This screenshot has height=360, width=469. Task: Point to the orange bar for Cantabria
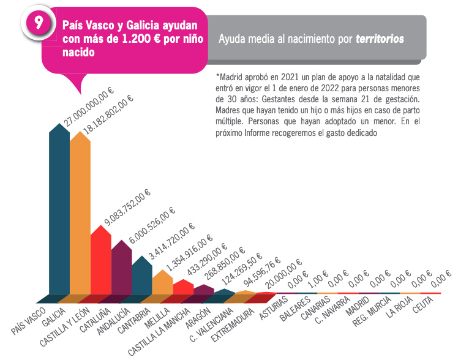click(x=162, y=285)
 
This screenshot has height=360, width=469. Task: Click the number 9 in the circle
click(x=39, y=23)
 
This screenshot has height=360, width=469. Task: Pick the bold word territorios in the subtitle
click(x=380, y=39)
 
